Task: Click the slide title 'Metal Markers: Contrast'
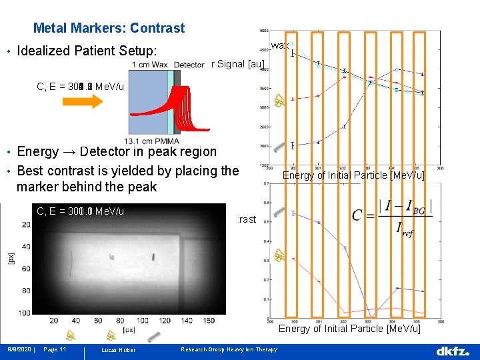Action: click(x=109, y=28)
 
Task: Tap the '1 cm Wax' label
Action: click(x=150, y=65)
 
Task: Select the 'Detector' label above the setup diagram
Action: click(x=189, y=65)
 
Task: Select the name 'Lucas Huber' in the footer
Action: click(x=119, y=350)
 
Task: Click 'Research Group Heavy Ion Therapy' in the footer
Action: click(x=229, y=349)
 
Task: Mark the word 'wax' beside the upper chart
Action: click(x=279, y=45)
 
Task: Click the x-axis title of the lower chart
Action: click(x=349, y=329)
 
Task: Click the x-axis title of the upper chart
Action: click(x=353, y=175)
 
